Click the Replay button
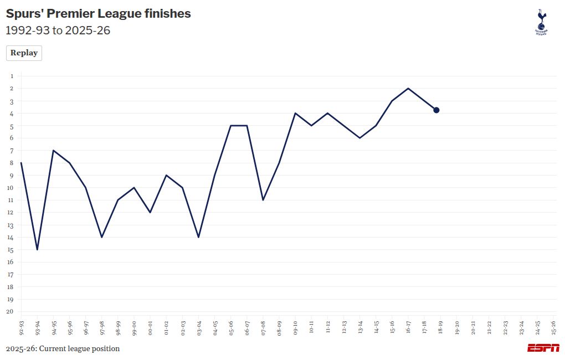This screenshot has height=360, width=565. (x=24, y=53)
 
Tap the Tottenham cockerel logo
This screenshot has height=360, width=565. (x=541, y=22)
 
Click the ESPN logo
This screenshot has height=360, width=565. (x=543, y=348)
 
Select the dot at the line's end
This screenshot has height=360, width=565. (x=436, y=110)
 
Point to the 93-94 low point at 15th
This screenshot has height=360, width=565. (x=37, y=249)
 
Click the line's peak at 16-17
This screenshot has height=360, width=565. (x=408, y=88)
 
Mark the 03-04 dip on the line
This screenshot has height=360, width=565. (x=198, y=237)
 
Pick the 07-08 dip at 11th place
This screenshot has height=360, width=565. (x=263, y=200)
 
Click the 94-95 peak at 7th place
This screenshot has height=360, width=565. (x=53, y=150)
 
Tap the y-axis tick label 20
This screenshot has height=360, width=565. (x=9, y=311)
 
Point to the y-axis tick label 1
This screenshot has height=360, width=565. (x=11, y=76)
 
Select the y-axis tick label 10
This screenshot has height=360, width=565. (x=9, y=188)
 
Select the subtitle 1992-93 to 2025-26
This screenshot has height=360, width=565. (x=58, y=30)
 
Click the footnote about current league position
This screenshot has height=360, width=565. (x=63, y=349)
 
